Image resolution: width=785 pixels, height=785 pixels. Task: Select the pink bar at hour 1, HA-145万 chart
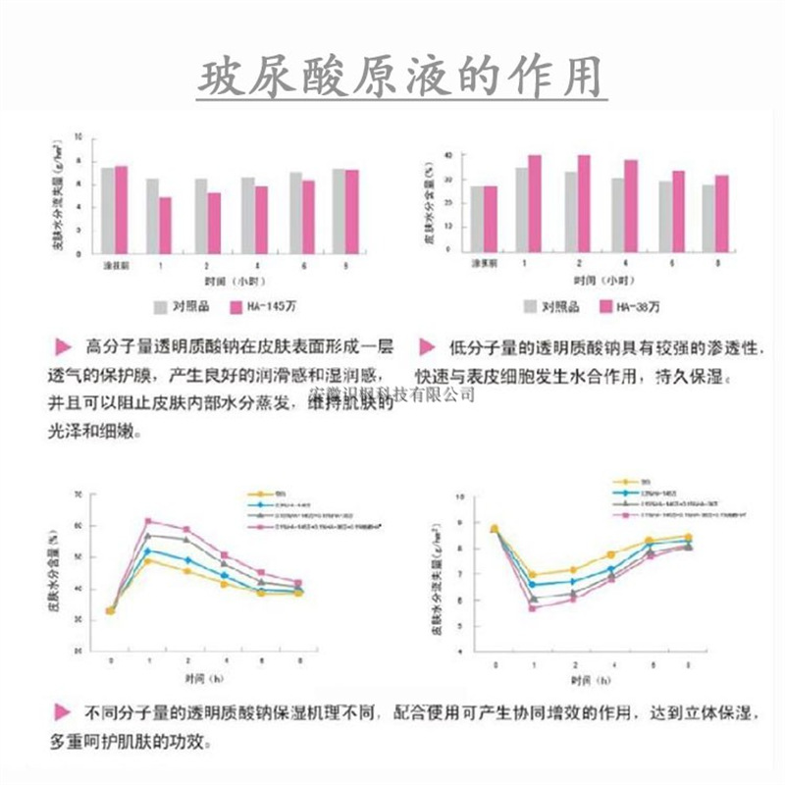click(165, 225)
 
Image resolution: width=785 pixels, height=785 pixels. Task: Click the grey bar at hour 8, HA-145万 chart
click(339, 210)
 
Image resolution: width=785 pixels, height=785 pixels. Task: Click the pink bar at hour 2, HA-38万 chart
click(584, 202)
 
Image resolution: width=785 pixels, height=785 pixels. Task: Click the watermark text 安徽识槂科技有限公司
click(392, 394)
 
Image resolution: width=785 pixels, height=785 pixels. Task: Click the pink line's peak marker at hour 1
click(147, 521)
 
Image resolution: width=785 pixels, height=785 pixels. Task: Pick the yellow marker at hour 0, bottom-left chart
click(110, 610)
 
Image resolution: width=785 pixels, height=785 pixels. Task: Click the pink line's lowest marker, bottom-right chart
click(533, 607)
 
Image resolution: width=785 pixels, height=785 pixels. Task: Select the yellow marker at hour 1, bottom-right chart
click(533, 575)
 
